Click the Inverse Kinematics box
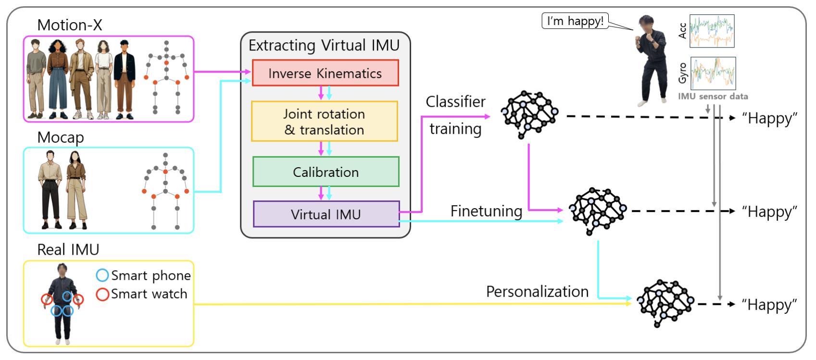click(x=325, y=73)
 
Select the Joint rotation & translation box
click(x=325, y=122)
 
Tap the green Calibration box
click(x=326, y=172)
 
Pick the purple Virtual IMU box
click(x=326, y=214)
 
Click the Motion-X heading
click(x=70, y=25)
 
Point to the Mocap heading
click(x=61, y=137)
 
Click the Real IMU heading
click(x=68, y=249)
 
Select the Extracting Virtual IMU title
click(x=324, y=45)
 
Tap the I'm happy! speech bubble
click(x=575, y=21)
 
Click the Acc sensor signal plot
click(x=712, y=31)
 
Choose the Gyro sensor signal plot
click(x=713, y=74)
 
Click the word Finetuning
click(x=486, y=211)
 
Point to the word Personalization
click(x=537, y=291)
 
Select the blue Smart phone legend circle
click(x=102, y=275)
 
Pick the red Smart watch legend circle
click(x=102, y=294)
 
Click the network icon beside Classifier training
click(x=529, y=114)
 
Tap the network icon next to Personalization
click(x=665, y=303)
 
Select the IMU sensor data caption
click(x=713, y=96)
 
